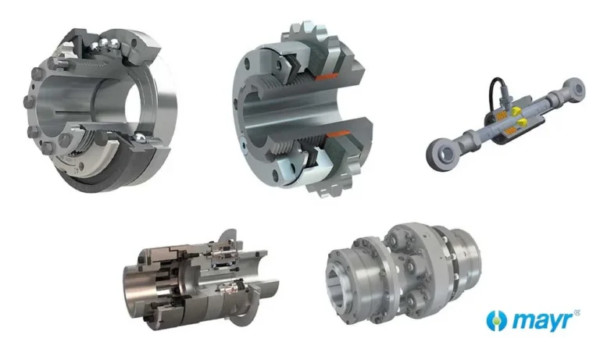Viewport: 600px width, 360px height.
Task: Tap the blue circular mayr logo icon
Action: [496, 321]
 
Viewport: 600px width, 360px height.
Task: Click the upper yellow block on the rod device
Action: [515, 111]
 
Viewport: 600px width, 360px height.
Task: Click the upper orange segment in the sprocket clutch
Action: [327, 76]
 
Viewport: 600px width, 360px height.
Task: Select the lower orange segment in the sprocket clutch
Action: [338, 134]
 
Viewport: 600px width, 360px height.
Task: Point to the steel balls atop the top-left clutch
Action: [102, 45]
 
